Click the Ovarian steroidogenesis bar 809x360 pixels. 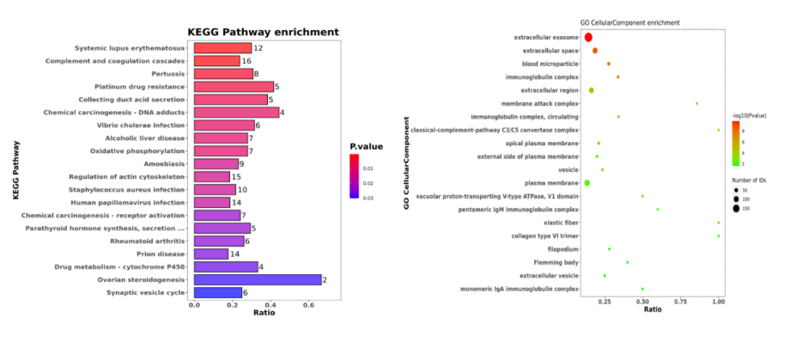point(258,279)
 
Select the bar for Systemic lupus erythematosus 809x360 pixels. point(222,48)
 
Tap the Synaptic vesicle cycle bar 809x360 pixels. point(217,292)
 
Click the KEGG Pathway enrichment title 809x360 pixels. point(264,32)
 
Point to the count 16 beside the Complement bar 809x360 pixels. point(246,61)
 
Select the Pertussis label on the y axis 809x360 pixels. point(166,74)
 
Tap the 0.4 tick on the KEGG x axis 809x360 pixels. point(270,305)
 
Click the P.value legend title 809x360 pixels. point(366,146)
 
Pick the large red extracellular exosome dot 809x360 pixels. point(588,37)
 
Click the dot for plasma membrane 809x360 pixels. point(587,183)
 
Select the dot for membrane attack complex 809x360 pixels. point(696,103)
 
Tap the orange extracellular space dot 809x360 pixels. point(594,51)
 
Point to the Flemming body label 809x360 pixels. point(556,262)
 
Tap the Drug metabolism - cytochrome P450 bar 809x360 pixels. point(226,266)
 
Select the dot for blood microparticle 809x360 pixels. point(608,64)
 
